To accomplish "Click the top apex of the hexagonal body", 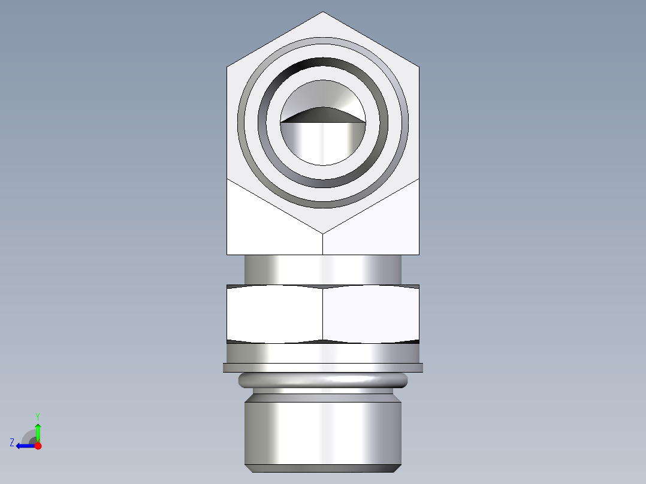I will [323, 13].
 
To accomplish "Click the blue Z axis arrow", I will [22, 446].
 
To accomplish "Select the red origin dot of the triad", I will [38, 446].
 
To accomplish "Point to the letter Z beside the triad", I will [12, 443].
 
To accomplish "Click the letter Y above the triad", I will [37, 416].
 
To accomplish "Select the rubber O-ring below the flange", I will [323, 379].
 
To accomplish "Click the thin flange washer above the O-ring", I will [323, 367].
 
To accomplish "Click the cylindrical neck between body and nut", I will [323, 269].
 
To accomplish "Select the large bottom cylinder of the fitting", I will [323, 431].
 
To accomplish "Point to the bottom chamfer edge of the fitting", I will [323, 468].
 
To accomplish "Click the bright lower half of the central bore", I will [323, 144].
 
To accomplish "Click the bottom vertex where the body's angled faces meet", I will [323, 233].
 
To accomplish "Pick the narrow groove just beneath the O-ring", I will [323, 390].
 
